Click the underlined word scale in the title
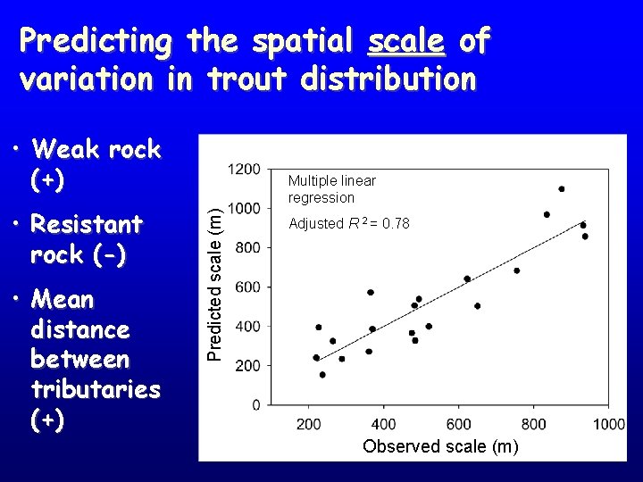406,41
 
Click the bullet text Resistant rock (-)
86,238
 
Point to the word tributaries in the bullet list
95,389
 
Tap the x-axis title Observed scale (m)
440,446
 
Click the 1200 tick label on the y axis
244,169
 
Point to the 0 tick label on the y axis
255,404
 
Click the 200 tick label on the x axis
309,423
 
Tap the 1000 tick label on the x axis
608,423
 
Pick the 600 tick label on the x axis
459,423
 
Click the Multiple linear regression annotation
331,189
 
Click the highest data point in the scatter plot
562,189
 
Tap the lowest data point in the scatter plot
322,375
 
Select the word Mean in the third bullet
62,299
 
